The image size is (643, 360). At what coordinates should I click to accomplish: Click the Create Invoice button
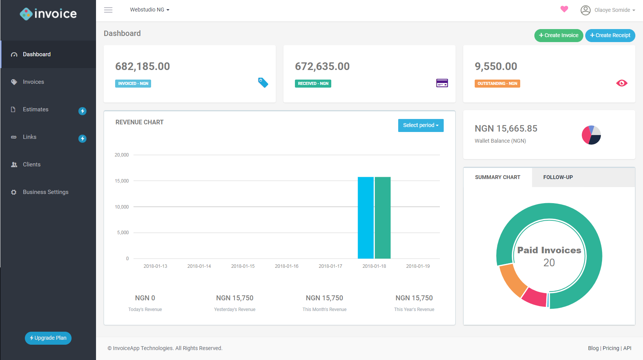pos(558,35)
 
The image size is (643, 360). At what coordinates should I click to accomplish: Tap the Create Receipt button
pos(610,35)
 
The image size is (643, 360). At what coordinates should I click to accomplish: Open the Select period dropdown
pos(421,125)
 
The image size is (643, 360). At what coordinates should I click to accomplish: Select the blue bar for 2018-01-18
pos(366,218)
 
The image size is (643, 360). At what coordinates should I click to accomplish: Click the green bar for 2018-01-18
pos(383,218)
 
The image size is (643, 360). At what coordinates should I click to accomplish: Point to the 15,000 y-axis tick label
pos(122,181)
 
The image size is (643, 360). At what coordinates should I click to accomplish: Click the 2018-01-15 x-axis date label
pos(243,266)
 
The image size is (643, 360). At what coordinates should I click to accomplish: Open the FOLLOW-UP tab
pos(558,177)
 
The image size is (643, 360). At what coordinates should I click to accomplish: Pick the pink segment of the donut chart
pos(535,297)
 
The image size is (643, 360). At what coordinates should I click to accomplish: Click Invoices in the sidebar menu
pos(33,82)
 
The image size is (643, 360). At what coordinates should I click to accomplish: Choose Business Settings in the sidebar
pos(46,192)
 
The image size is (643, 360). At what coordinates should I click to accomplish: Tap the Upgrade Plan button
pos(48,338)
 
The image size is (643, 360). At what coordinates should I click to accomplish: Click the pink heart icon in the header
pos(564,9)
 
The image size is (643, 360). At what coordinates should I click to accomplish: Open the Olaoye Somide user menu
pos(608,10)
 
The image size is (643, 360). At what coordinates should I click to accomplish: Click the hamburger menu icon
pos(108,10)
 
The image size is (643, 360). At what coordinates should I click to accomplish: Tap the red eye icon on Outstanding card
pos(622,83)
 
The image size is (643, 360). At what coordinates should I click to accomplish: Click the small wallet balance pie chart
pos(591,135)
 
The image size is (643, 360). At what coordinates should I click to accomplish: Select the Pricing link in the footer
pos(610,348)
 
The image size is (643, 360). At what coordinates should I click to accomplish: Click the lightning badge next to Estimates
pos(82,111)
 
